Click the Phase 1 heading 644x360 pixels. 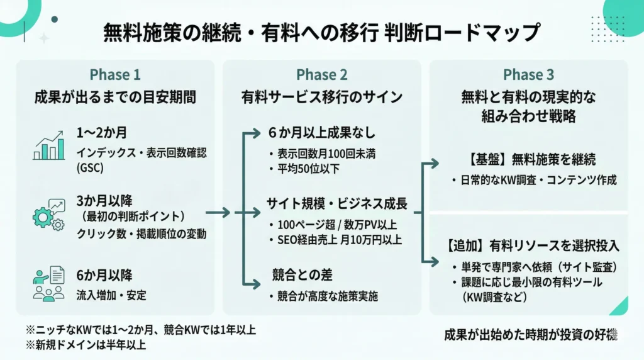coord(115,75)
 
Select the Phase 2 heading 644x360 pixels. coord(321,75)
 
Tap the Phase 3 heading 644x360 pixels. coord(528,75)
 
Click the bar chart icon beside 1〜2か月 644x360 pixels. coord(49,145)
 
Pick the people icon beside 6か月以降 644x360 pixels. coord(49,284)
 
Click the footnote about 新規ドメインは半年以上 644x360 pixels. coord(86,344)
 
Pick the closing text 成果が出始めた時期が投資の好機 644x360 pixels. coord(530,334)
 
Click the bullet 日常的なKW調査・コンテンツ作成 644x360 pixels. coord(535,180)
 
